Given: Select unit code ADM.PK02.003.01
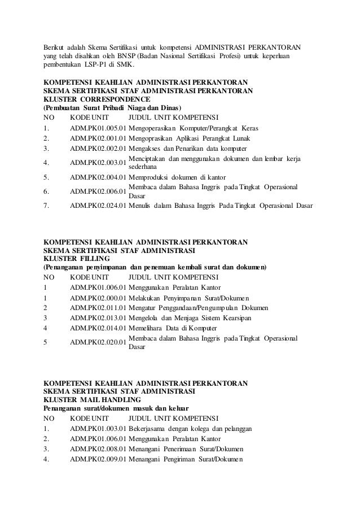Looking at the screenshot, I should pyautogui.click(x=98, y=163).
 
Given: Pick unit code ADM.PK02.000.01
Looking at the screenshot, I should pyautogui.click(x=98, y=297).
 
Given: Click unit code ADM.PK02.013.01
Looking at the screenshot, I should pyautogui.click(x=98, y=318).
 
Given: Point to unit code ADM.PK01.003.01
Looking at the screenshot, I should pyautogui.click(x=98, y=429).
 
